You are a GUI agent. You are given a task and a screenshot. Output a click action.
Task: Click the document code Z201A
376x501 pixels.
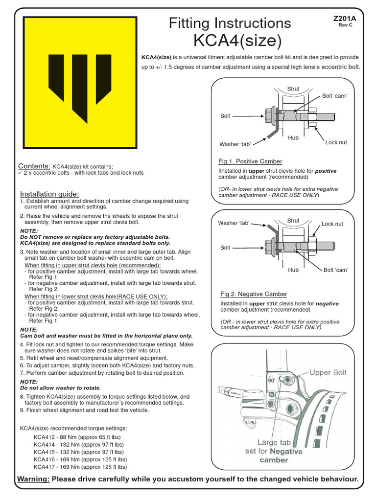tap(345, 18)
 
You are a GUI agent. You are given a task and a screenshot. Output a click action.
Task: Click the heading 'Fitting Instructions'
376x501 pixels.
tap(230, 23)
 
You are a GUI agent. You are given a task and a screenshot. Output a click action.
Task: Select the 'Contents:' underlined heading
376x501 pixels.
tap(34, 166)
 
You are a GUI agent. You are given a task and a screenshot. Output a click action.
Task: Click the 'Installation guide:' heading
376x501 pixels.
tap(49, 194)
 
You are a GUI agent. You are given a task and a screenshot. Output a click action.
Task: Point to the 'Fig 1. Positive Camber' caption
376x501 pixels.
tap(250, 161)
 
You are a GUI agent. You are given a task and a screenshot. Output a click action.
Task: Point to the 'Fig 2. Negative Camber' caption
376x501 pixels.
tap(254, 294)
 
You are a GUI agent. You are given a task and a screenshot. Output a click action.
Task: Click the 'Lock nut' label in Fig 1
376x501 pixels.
tap(336, 142)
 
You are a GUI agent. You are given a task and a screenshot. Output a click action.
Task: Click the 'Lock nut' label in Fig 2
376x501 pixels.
tap(332, 224)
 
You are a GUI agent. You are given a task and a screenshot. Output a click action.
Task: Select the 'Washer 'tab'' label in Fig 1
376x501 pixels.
tap(235, 144)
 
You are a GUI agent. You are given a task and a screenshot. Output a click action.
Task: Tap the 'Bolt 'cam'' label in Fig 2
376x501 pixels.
tap(335, 270)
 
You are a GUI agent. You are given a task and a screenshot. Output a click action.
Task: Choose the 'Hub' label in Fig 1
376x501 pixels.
tap(293, 138)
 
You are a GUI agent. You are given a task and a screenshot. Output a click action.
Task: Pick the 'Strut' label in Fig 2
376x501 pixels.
tap(293, 221)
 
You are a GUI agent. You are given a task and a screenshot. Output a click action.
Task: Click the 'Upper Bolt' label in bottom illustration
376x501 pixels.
tap(328, 372)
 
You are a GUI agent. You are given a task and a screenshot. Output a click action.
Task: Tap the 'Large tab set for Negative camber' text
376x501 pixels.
tap(274, 451)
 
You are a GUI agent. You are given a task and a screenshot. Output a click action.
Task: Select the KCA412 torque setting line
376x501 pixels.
tap(77, 437)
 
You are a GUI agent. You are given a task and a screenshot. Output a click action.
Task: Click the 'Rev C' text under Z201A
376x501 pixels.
tap(345, 25)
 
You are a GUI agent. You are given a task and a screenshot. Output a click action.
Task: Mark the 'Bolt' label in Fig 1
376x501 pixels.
tap(225, 116)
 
